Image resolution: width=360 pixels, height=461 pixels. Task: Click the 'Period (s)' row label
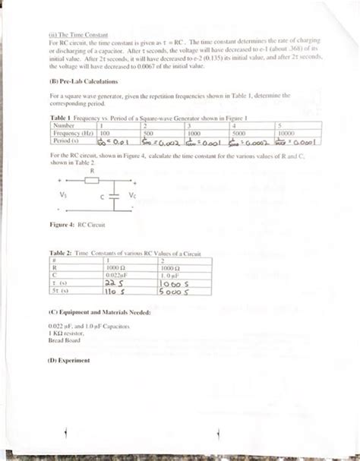(68, 141)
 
